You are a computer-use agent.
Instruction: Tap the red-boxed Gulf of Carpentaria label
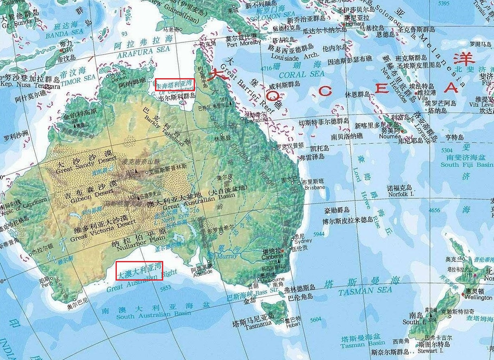[x=175, y=84]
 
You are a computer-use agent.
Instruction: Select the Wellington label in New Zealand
[x=479, y=298]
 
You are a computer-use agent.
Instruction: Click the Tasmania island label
[x=257, y=324]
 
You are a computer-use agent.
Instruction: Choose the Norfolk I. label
[x=399, y=194]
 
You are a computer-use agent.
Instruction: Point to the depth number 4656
[x=435, y=210]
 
